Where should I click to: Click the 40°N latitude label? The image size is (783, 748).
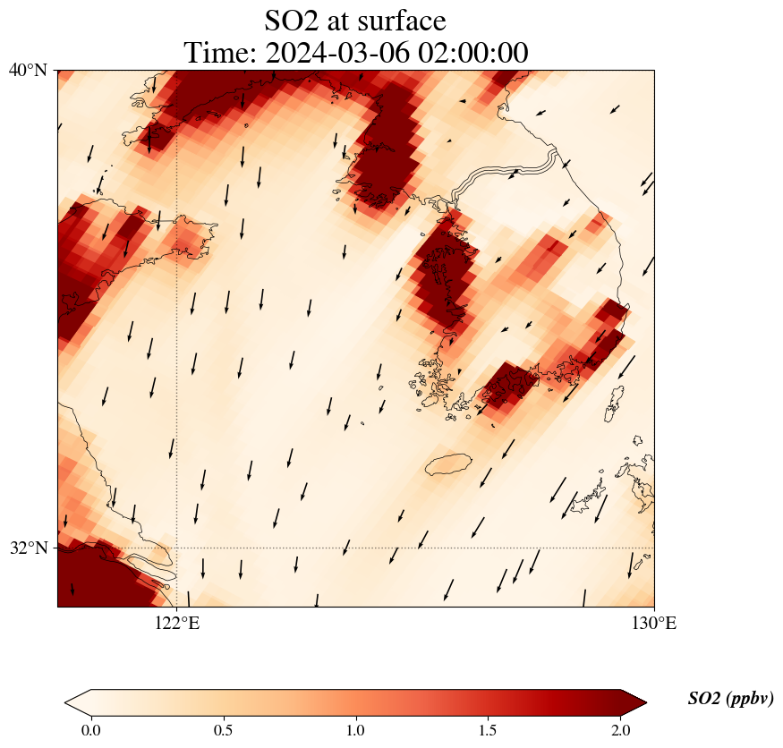point(28,70)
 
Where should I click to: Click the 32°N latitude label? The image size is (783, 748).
point(28,548)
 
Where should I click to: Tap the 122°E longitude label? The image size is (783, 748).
point(176,624)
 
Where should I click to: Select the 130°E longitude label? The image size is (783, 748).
point(654,624)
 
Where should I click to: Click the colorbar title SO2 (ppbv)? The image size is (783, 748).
point(730,699)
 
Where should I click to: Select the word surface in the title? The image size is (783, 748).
point(397,20)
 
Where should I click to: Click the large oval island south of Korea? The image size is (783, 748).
point(448,464)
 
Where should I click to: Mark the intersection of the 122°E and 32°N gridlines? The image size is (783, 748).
point(176,548)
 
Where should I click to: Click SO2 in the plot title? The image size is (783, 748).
point(292,20)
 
